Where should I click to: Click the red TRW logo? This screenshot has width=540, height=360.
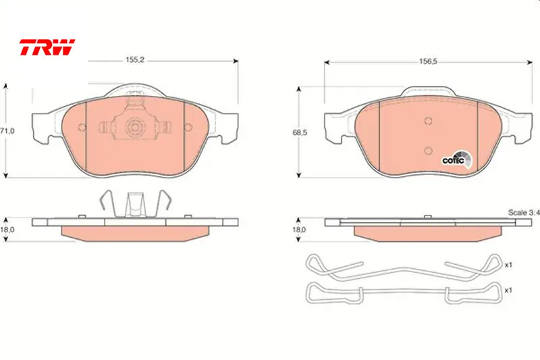point(47,47)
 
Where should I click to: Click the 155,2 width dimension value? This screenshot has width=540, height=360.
point(134,60)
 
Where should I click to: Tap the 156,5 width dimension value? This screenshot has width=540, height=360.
point(428,61)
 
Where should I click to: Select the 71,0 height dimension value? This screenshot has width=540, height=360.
point(7,131)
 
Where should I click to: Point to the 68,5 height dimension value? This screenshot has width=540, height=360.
point(300,132)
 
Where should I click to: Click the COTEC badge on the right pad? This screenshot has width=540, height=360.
point(457,160)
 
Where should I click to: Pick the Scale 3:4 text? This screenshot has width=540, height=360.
point(524,213)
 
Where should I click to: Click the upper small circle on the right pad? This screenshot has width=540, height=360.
point(429,121)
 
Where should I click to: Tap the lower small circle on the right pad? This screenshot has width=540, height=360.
point(429,151)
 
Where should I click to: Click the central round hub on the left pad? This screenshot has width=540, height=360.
point(134,128)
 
